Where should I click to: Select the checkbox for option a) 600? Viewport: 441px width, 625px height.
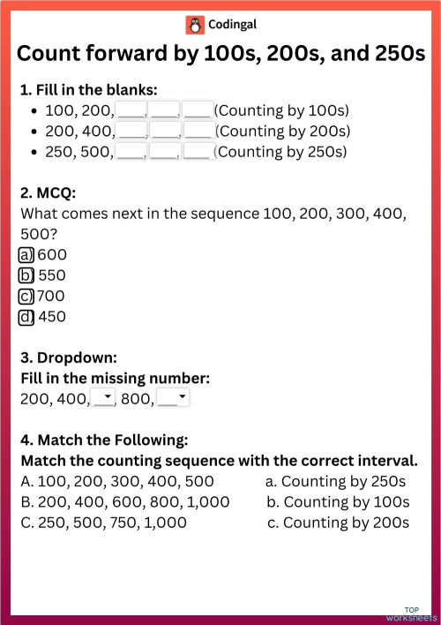pos(26,255)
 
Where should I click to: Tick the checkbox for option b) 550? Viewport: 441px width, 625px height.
pos(26,275)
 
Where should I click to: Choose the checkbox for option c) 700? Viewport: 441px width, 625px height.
pos(26,296)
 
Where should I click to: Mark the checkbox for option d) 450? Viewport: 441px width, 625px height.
pos(26,316)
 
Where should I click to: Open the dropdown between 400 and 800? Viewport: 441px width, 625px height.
pos(104,399)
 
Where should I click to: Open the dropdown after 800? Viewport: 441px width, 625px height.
pos(174,399)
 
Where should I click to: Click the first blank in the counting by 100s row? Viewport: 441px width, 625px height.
pos(131,110)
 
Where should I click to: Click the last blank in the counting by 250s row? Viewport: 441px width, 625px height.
pos(197,151)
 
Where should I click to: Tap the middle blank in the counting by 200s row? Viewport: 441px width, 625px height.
pos(164,131)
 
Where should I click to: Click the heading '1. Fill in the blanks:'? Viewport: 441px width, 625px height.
pos(89,89)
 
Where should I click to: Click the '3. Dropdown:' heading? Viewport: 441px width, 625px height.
pos(68,358)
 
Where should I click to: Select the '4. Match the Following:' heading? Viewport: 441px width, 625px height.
pos(104,441)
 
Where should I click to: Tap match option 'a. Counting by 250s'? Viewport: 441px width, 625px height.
pos(336,482)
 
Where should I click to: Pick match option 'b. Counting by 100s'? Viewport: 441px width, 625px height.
pos(338,502)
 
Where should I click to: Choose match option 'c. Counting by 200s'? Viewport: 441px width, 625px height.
pos(338,523)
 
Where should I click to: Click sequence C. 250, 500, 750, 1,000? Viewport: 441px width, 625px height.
pos(104,523)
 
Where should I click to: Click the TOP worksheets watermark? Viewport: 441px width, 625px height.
pos(412,613)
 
